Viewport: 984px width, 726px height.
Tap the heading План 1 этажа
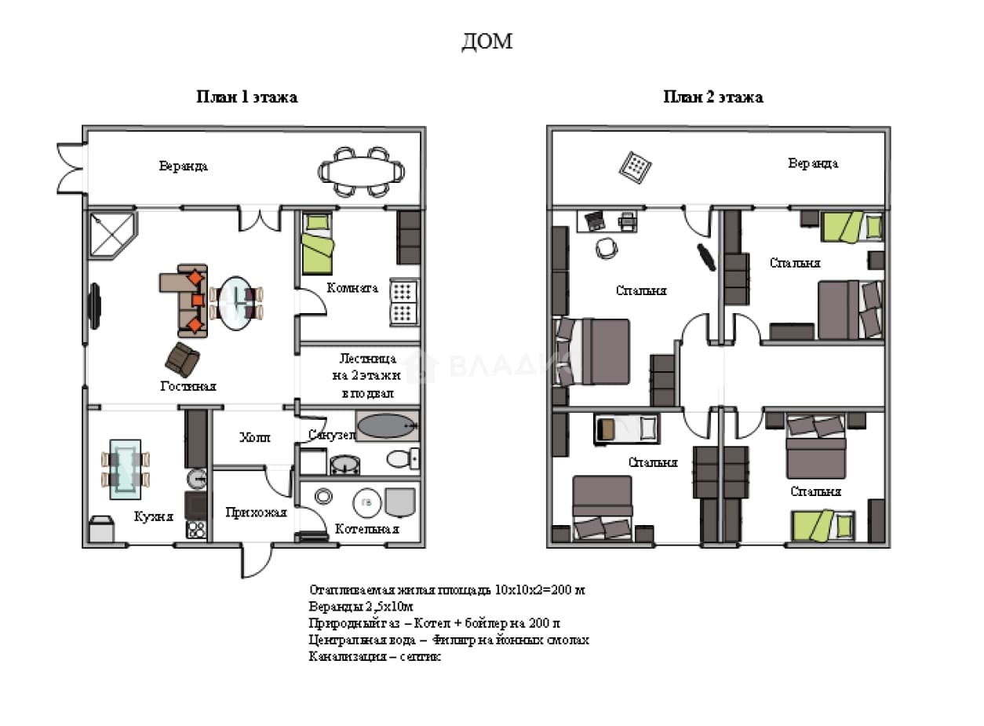pyautogui.click(x=247, y=97)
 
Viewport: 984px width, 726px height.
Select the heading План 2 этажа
pyautogui.click(x=713, y=97)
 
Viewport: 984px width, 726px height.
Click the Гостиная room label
pyautogui.click(x=188, y=386)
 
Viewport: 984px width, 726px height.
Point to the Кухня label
pyautogui.click(x=153, y=516)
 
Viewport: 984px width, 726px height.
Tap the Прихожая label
pyautogui.click(x=256, y=513)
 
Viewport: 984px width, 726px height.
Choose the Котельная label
pyautogui.click(x=366, y=529)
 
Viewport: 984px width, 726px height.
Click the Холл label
pyautogui.click(x=255, y=437)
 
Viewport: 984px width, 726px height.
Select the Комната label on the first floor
pyautogui.click(x=352, y=288)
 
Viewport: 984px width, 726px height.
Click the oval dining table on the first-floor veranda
pyautogui.click(x=361, y=171)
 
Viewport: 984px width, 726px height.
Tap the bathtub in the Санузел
pyautogui.click(x=387, y=426)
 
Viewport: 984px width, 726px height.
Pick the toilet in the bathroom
pyautogui.click(x=403, y=459)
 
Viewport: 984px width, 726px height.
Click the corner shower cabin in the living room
pyautogui.click(x=113, y=235)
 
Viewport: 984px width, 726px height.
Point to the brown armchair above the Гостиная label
pyautogui.click(x=182, y=359)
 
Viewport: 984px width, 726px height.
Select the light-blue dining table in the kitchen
pyautogui.click(x=126, y=469)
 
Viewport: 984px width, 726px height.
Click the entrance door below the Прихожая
pyautogui.click(x=257, y=560)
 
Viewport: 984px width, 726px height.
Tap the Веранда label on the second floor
pyautogui.click(x=813, y=163)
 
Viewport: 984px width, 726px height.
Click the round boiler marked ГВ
pyautogui.click(x=366, y=503)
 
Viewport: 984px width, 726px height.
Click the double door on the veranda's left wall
pyautogui.click(x=71, y=168)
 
